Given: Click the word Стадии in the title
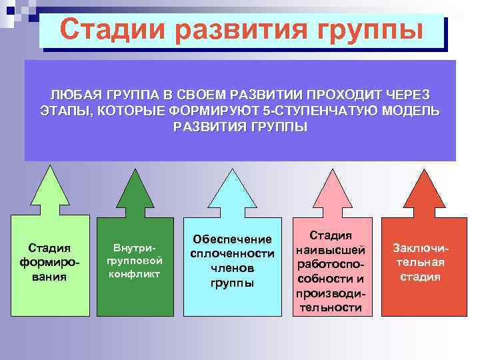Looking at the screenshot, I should coord(111,30).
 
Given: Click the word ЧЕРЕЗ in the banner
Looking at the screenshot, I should coord(405,95).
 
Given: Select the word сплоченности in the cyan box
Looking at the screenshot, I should coord(232,253).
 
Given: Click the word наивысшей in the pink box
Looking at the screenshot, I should coord(331,249).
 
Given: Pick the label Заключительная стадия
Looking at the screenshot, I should coord(420,262).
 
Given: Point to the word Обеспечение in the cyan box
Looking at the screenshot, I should coord(232,239).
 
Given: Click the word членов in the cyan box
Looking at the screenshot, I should coord(232,268).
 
